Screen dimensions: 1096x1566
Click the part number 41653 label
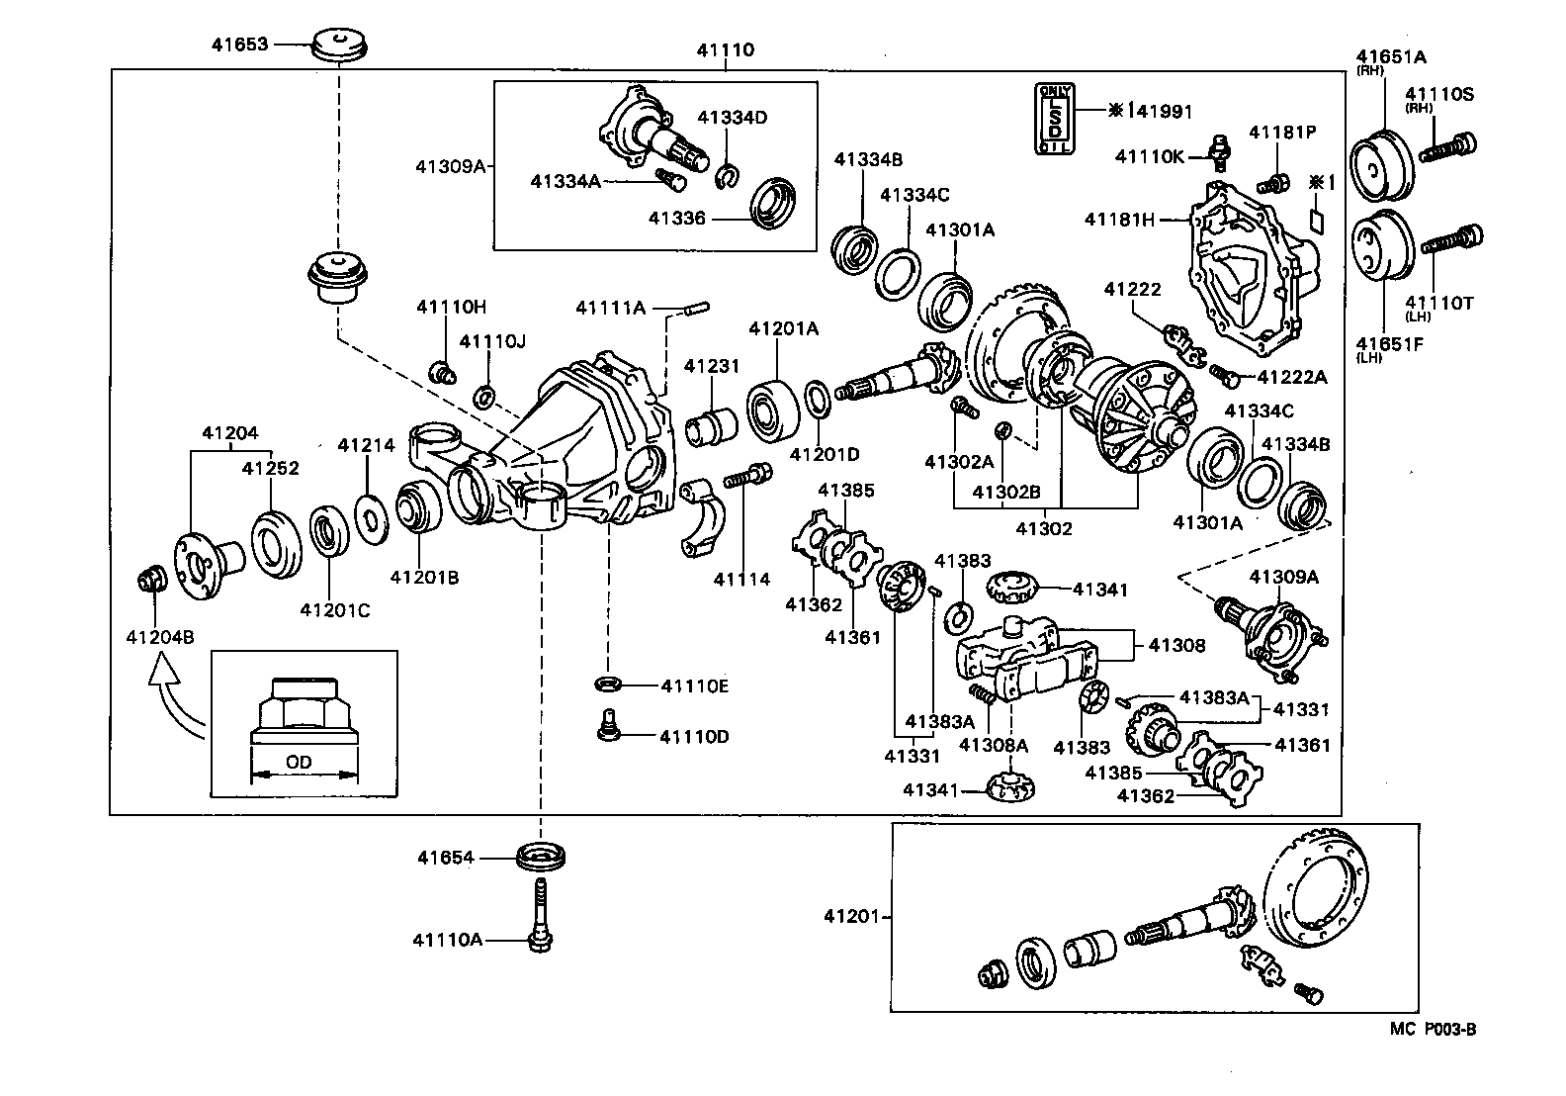[239, 45]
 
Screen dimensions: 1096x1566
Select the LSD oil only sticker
[1055, 119]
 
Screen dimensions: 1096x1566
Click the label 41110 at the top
[725, 50]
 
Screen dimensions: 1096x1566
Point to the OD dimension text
[299, 763]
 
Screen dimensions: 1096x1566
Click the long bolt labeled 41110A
[540, 915]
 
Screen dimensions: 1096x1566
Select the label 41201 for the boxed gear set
[851, 917]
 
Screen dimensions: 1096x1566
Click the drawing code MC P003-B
[1433, 1029]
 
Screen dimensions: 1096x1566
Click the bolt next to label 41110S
[1448, 148]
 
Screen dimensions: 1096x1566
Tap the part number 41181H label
[1119, 220]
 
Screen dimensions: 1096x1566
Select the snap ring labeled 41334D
[727, 176]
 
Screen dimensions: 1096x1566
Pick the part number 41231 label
[712, 366]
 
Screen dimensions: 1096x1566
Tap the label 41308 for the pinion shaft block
[1176, 645]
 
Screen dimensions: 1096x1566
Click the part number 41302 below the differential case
[1044, 528]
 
